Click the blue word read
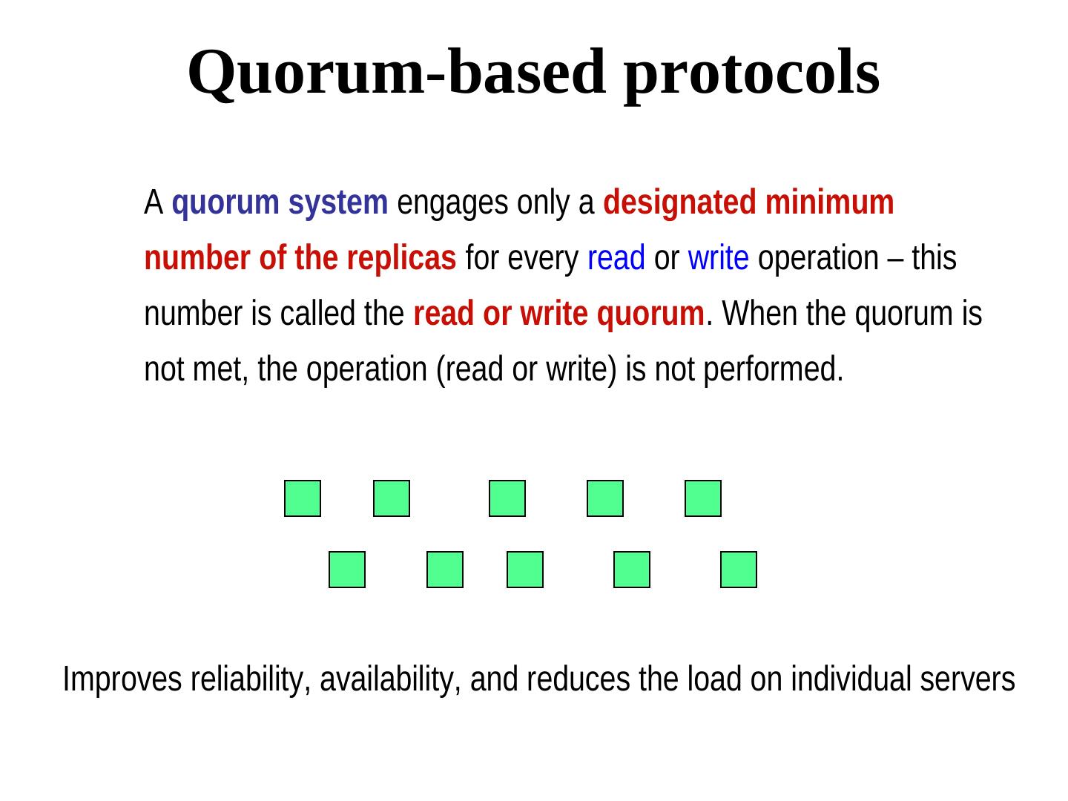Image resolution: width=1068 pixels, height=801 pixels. pos(616,259)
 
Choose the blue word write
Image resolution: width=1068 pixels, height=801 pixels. pos(718,259)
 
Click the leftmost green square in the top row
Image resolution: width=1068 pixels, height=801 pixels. pos(303,498)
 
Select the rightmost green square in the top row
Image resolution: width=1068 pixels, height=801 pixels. pos(703,498)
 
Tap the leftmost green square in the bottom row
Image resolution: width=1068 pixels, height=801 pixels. pos(347,570)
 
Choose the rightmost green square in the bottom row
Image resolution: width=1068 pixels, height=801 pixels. pos(739,570)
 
